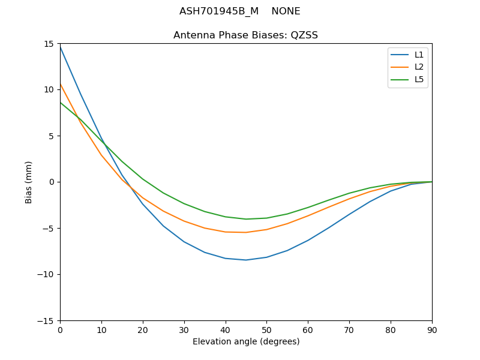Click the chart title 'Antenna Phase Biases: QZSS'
coord(245,35)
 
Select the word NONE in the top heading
coord(286,11)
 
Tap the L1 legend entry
coord(419,55)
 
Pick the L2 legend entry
coord(419,67)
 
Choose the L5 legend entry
coord(419,79)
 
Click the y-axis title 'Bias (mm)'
coord(29,182)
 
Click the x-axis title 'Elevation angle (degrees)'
coord(246,342)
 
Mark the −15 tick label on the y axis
coord(46,321)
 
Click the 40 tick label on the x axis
coord(225,329)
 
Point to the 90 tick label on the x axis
coord(431,329)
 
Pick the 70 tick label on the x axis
coord(349,329)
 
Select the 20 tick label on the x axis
coord(143,329)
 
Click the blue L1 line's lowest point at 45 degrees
coord(246,260)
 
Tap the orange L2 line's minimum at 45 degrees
coord(246,232)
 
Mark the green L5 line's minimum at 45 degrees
coord(246,219)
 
